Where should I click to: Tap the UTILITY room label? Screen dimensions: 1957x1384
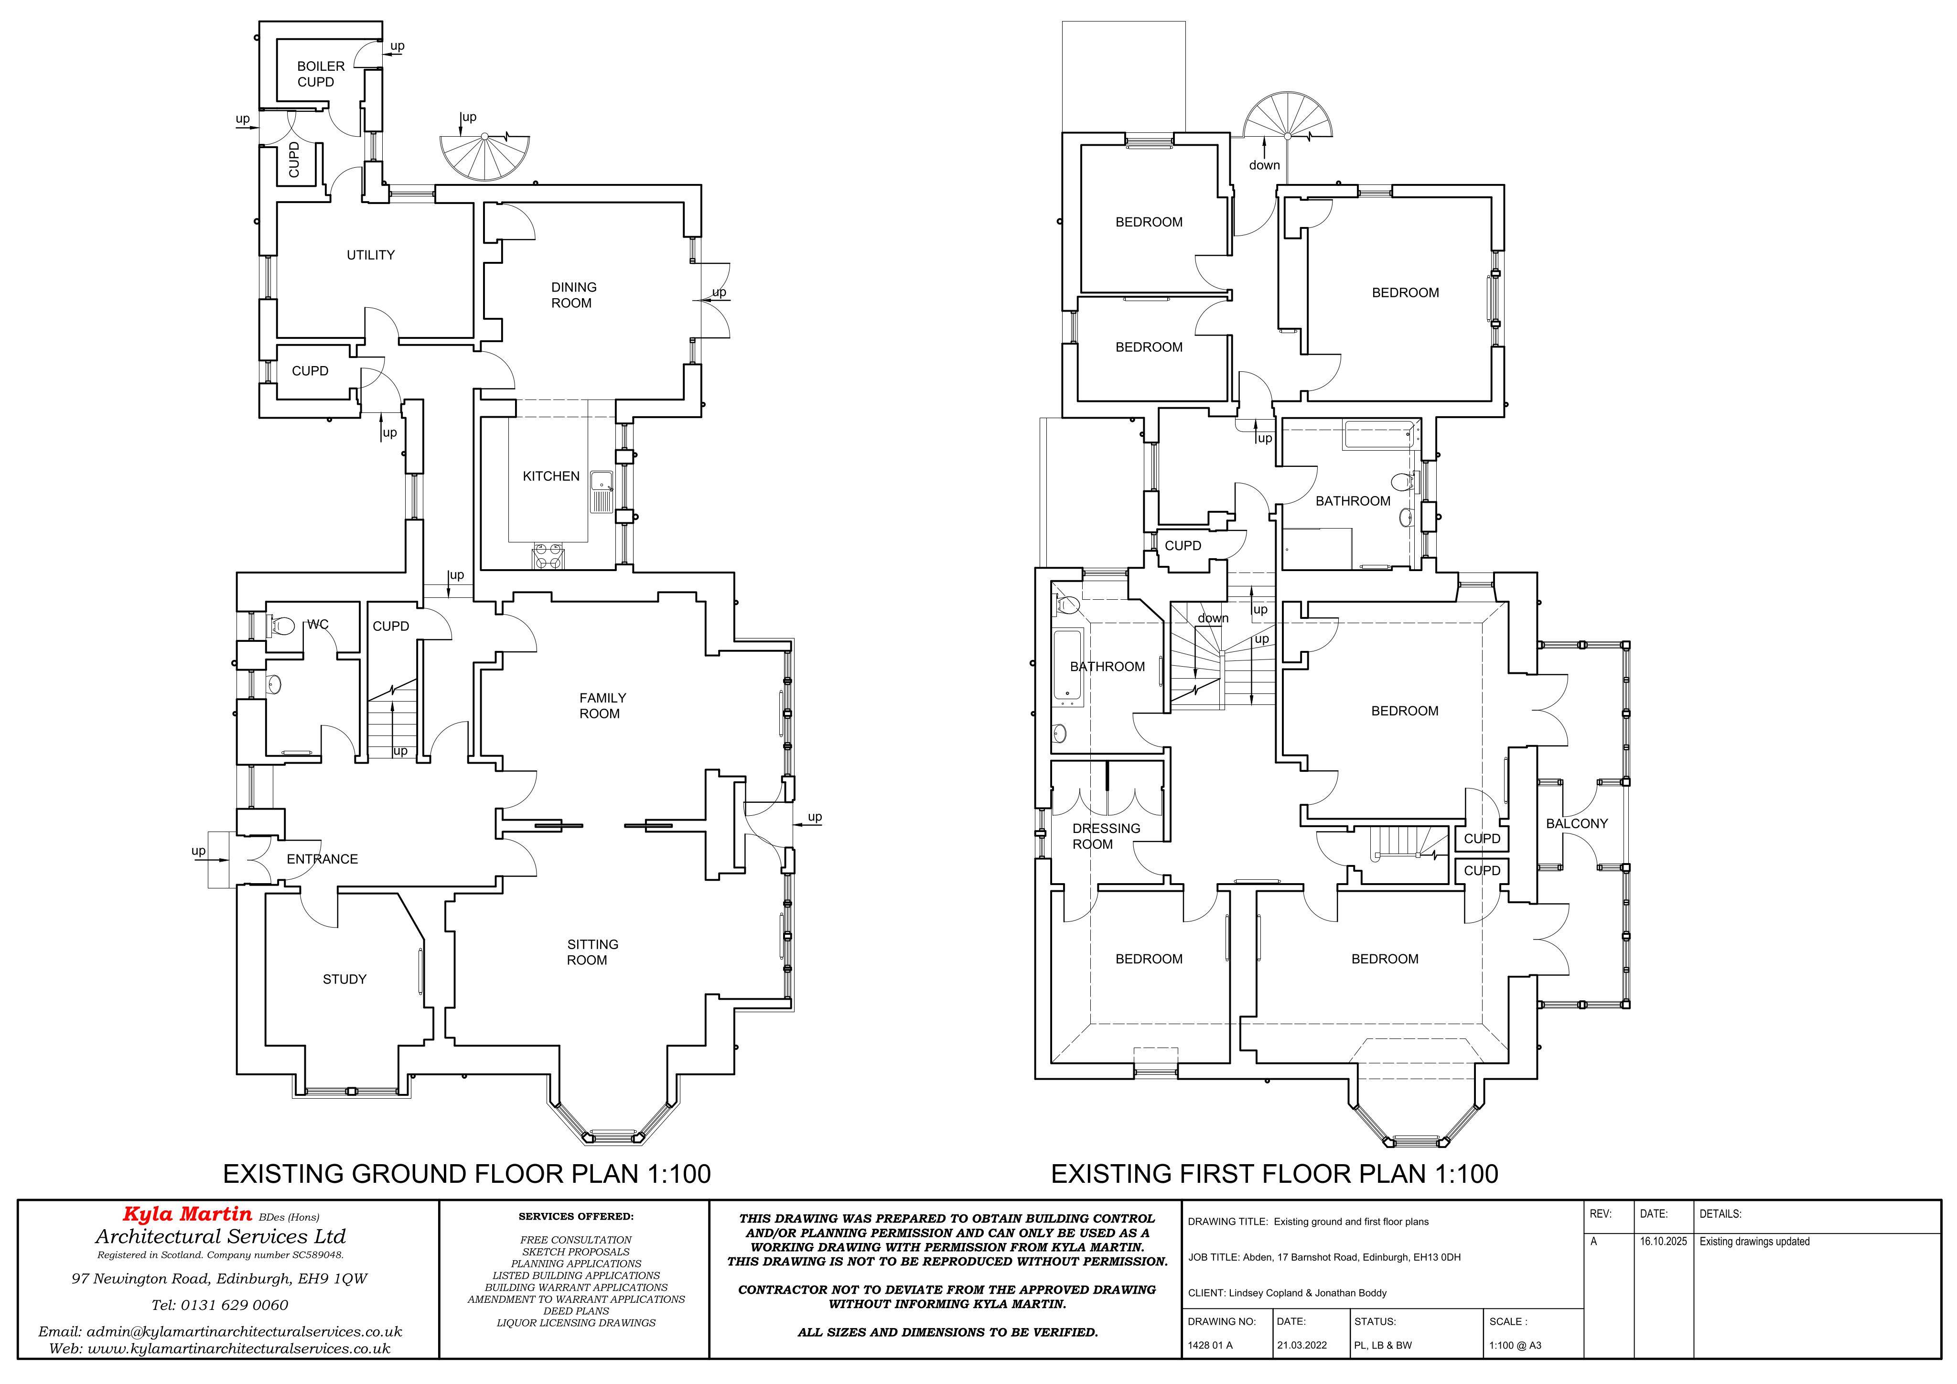[371, 255]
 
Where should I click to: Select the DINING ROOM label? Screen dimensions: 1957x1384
[573, 295]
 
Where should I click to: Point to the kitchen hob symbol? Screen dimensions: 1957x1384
[547, 556]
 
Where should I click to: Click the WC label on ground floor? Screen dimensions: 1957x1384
[318, 624]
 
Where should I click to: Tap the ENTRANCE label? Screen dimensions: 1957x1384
[322, 859]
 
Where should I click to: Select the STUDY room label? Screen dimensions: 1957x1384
[344, 979]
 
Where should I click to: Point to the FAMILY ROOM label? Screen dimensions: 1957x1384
[602, 705]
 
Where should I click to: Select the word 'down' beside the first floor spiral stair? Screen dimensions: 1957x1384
[1264, 164]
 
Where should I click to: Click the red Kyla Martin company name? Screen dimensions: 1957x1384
[187, 1213]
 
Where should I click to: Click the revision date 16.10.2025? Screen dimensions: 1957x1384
[1663, 1242]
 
